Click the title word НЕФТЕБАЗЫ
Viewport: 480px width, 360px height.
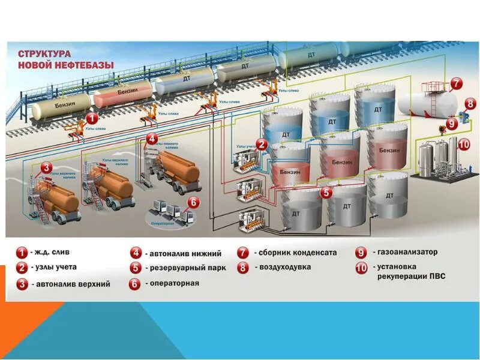point(80,65)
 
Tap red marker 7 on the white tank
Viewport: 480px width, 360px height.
point(456,84)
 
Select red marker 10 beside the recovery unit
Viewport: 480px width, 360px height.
point(464,145)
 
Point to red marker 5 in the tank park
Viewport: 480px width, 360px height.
point(326,193)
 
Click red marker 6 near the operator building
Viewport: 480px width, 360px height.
point(193,202)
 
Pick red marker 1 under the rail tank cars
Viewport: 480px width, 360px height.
point(91,118)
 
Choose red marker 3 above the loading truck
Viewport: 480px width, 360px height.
point(46,169)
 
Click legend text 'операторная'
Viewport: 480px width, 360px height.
point(172,283)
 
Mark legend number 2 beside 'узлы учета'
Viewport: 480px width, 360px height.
point(22,268)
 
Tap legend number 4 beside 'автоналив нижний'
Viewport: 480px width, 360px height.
point(136,253)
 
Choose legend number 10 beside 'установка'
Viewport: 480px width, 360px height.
point(361,268)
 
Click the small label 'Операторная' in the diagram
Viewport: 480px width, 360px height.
point(162,223)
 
